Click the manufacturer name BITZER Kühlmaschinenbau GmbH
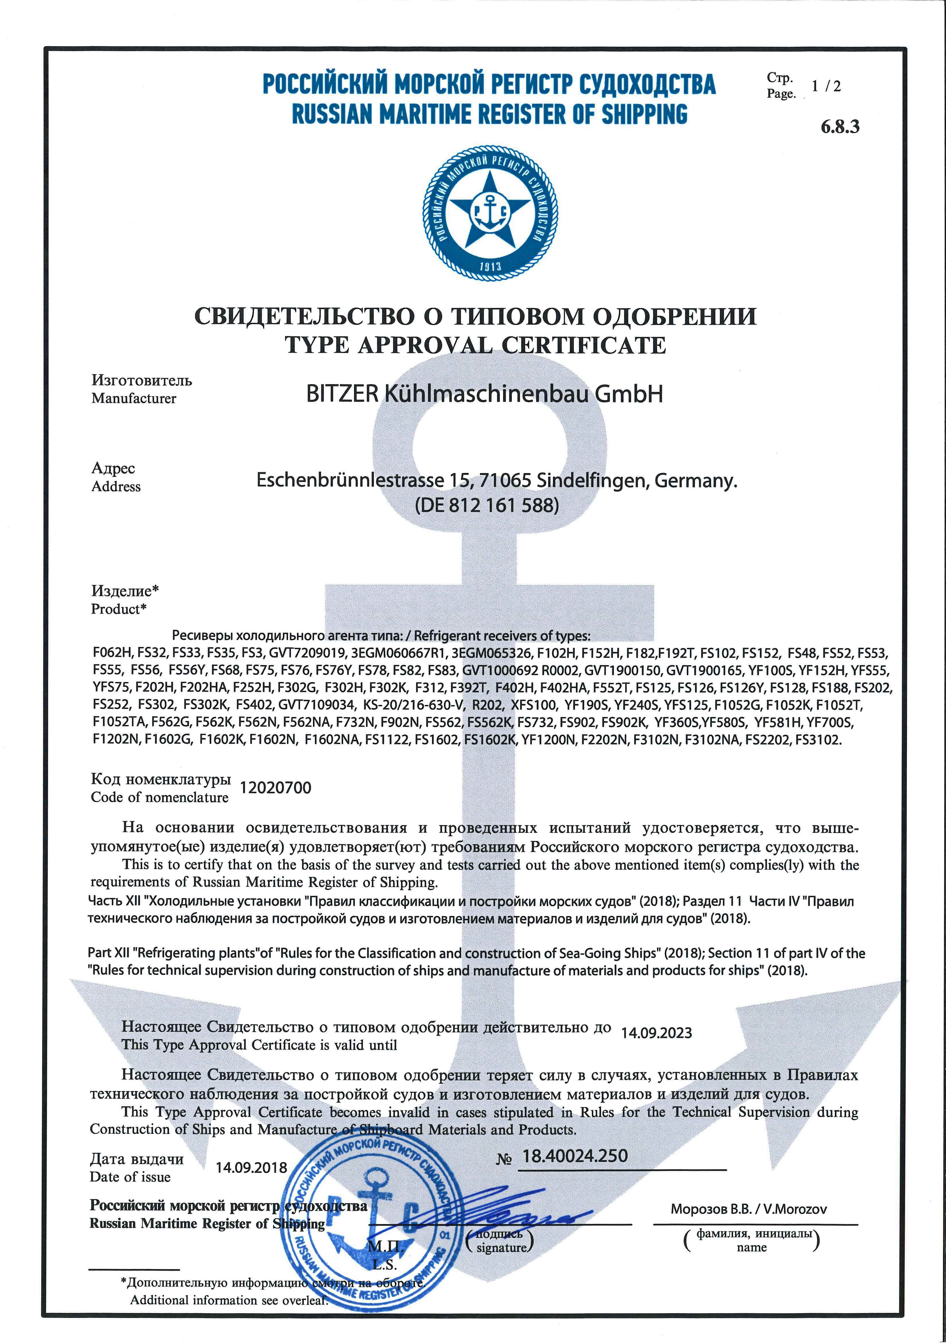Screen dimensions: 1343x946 click(484, 394)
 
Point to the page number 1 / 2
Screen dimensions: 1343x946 click(826, 86)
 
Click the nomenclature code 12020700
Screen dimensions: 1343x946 click(276, 788)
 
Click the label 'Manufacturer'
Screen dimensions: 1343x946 click(133, 398)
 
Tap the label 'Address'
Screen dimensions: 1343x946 click(116, 487)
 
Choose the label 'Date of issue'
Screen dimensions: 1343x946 click(130, 1177)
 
